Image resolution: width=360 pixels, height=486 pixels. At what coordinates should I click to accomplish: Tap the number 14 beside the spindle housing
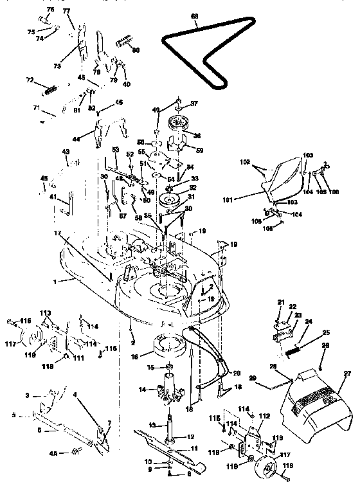(x=141, y=389)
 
